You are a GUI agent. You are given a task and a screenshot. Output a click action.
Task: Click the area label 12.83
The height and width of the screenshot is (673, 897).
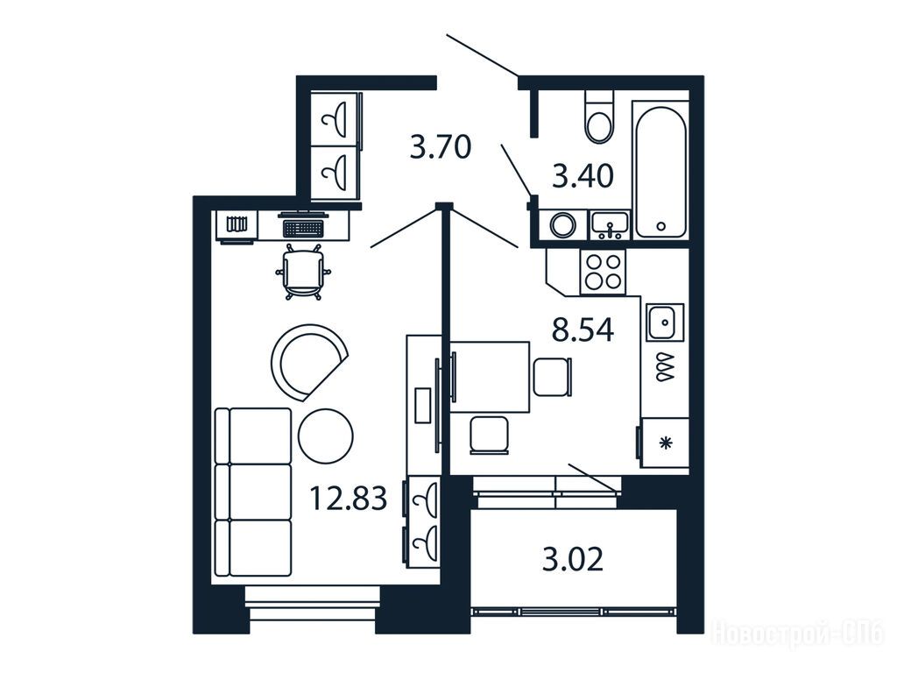pos(348,498)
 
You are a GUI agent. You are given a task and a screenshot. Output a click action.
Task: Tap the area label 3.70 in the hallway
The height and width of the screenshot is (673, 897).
pos(441,146)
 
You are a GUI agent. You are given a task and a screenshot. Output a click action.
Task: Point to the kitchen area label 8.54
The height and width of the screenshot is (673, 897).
pos(583,329)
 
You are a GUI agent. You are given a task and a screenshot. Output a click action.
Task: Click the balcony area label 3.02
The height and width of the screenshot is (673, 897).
pos(573,559)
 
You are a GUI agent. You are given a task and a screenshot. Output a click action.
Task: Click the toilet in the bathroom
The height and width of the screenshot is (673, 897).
pos(599,117)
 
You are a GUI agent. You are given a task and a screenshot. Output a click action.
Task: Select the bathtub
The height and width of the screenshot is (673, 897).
pos(660,171)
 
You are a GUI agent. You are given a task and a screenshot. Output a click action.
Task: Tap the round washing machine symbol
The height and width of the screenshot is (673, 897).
pos(563,225)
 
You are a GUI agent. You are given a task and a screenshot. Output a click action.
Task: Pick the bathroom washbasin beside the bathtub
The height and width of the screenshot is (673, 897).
pos(610,225)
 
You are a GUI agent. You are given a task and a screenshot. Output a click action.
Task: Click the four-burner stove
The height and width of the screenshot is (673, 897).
pos(603,272)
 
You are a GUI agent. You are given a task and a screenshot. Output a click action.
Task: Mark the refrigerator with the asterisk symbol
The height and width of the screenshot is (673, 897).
pos(664,443)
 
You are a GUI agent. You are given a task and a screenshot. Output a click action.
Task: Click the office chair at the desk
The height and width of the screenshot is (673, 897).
pos(303,272)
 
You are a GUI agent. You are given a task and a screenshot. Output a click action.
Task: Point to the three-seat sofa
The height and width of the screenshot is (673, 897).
pos(253,492)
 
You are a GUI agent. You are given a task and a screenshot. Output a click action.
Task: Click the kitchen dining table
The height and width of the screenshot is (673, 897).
pos(490,377)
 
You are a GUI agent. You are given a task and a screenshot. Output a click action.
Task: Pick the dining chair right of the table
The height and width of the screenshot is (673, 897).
pos(553,377)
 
